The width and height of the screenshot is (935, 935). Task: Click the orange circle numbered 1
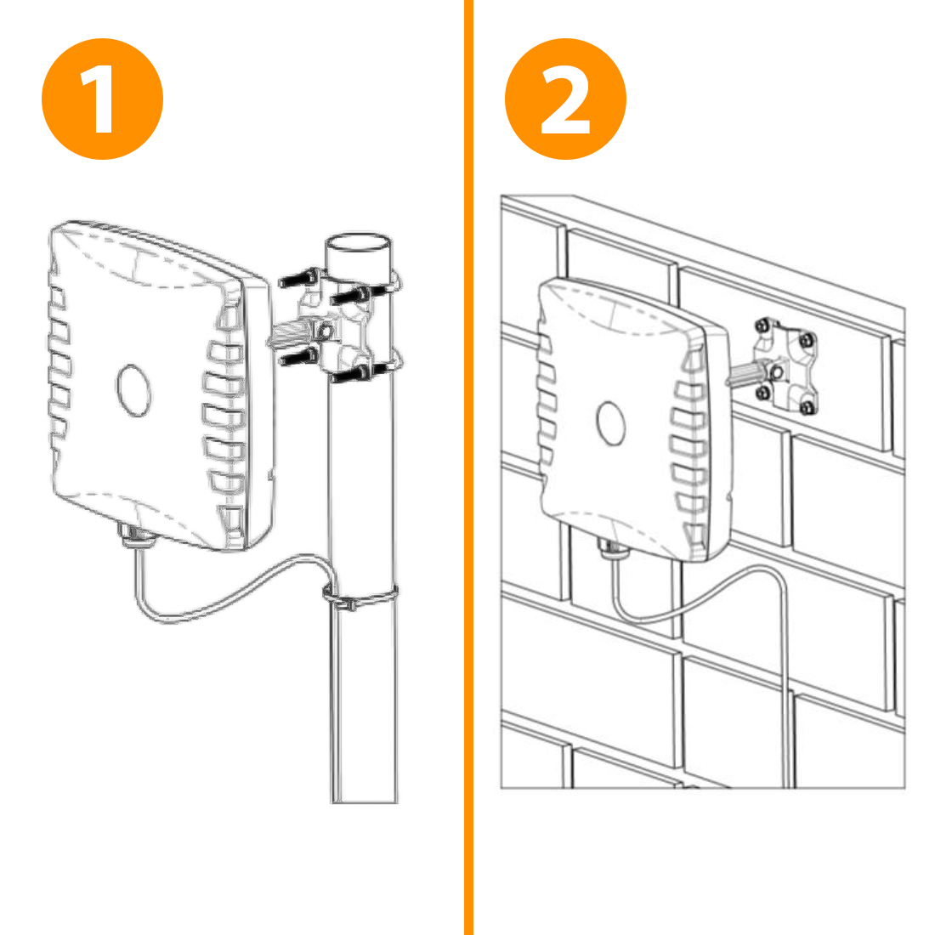click(102, 99)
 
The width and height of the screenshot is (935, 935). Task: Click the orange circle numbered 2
click(565, 99)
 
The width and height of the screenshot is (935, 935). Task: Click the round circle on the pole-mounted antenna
click(133, 390)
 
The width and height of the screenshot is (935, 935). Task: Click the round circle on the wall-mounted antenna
click(610, 422)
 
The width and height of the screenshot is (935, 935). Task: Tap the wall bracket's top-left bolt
click(762, 326)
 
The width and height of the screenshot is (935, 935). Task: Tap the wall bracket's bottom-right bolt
click(807, 408)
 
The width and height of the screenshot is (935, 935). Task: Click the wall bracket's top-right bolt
click(807, 341)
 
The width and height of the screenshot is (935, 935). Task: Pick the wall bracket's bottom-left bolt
click(762, 393)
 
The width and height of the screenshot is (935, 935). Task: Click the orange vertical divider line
click(468, 467)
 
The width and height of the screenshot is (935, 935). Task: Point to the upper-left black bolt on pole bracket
click(300, 278)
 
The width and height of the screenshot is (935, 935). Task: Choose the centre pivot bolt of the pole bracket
click(326, 330)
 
